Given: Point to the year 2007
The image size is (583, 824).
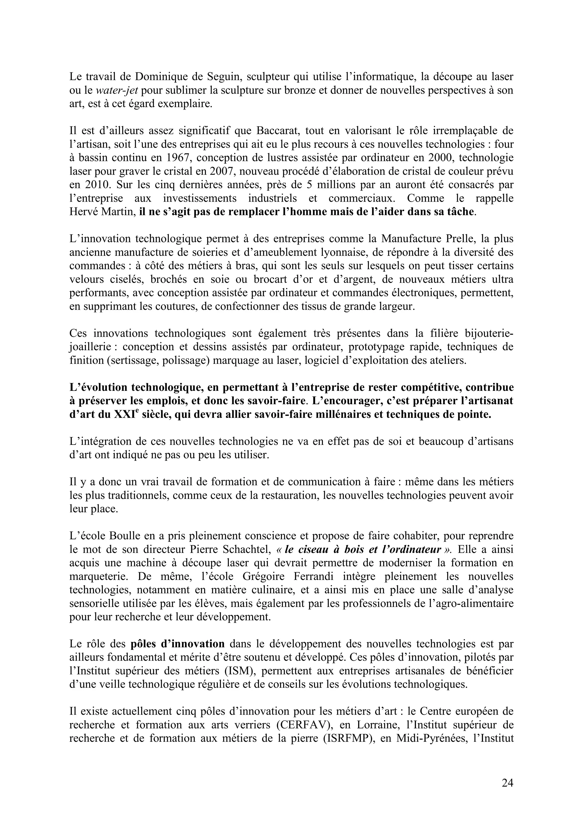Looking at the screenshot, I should [222, 171].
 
